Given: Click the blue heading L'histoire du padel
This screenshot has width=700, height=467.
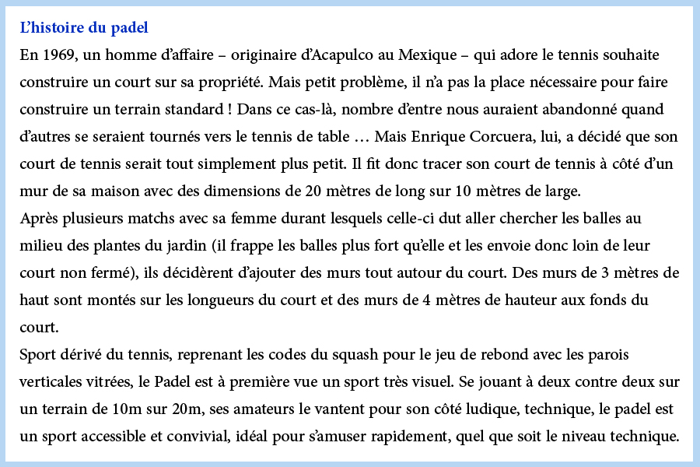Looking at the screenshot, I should (x=84, y=28).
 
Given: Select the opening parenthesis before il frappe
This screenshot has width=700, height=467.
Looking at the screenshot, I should (x=226, y=246).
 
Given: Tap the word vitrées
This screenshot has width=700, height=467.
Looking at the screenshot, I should (x=101, y=382).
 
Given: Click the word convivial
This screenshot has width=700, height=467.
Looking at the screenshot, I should (x=201, y=437).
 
